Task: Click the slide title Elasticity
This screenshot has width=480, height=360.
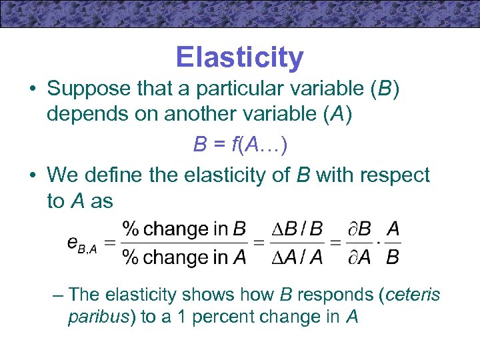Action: [x=239, y=58]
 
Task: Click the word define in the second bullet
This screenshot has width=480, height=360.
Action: [x=131, y=175]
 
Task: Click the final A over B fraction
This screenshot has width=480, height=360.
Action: [x=393, y=243]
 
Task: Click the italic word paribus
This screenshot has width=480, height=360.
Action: [x=102, y=317]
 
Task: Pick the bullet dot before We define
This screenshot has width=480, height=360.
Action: [x=32, y=176]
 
